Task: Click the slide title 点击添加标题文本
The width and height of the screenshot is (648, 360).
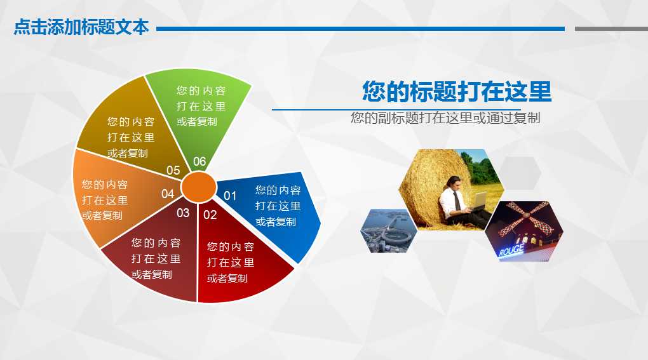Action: point(81,28)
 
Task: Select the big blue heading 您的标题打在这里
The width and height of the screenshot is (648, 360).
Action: point(456,92)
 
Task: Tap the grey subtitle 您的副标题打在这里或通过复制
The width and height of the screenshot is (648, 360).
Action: point(445,118)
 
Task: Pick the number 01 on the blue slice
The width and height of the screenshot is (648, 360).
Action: point(230,196)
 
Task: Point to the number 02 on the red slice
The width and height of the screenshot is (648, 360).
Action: point(210,215)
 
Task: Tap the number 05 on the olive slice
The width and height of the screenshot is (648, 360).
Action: point(173,170)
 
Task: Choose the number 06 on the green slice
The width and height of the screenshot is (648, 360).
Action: point(199,162)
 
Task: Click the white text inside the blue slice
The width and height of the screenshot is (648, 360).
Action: point(278,206)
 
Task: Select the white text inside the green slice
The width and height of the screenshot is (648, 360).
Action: point(201,106)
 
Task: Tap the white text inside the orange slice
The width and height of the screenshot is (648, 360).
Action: point(105,200)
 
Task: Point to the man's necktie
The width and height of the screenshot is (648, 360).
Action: point(458,200)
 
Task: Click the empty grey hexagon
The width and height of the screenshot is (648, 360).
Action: point(520,173)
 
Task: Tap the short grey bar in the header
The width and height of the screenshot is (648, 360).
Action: point(611,29)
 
